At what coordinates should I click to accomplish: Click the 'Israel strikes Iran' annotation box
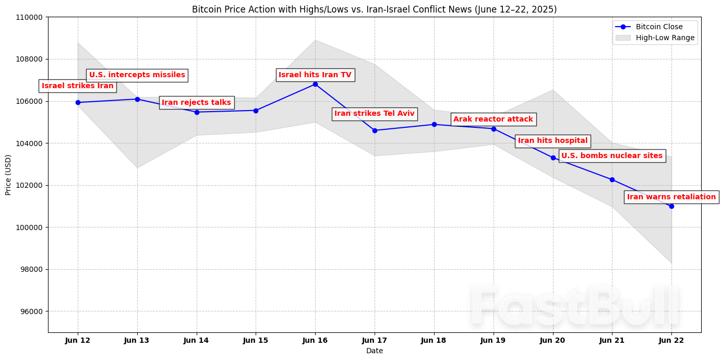(x=78, y=86)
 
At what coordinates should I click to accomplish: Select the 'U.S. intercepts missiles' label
(x=137, y=75)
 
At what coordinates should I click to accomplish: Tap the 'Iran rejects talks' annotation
(x=196, y=103)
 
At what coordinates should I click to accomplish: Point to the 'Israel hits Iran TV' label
(x=315, y=75)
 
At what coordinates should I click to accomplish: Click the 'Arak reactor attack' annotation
(x=493, y=119)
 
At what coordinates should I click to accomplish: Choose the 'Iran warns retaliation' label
(x=671, y=197)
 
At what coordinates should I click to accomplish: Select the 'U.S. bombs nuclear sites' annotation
(x=611, y=156)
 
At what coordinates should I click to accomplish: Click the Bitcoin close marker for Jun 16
(x=315, y=84)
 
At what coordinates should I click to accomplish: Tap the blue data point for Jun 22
(x=671, y=206)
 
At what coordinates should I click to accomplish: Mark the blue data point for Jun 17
(x=375, y=130)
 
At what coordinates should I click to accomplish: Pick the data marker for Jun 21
(x=612, y=179)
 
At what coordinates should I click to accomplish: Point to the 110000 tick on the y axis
(x=31, y=17)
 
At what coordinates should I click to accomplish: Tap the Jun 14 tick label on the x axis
(x=196, y=340)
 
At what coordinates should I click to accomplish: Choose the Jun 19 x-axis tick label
(x=493, y=340)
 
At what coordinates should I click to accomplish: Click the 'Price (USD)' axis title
(x=8, y=175)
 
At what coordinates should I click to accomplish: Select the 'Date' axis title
(x=375, y=351)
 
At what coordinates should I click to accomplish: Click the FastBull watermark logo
(x=574, y=307)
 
